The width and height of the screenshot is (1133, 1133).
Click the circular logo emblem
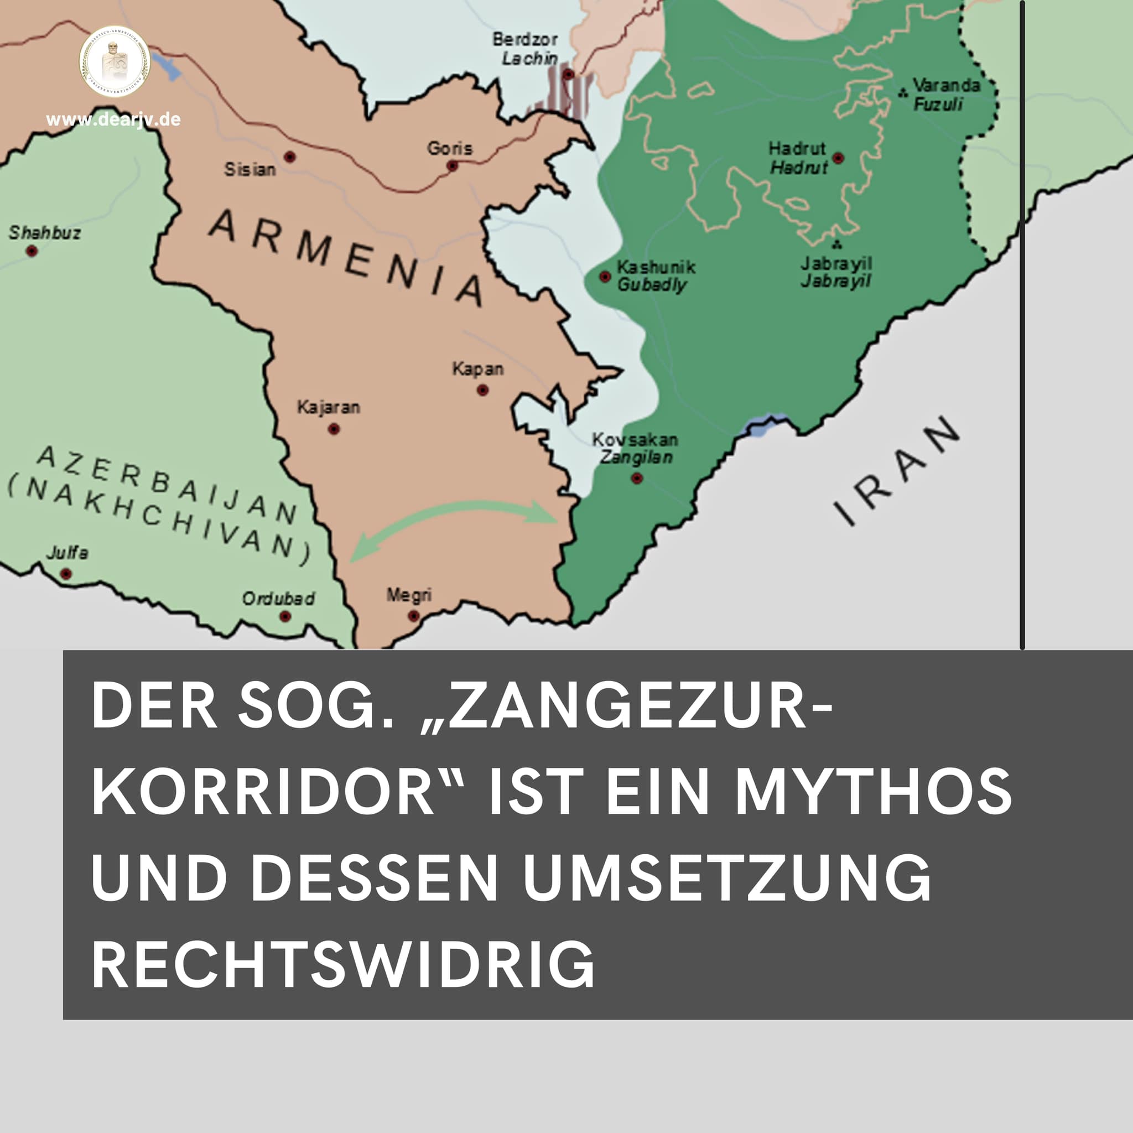point(115,61)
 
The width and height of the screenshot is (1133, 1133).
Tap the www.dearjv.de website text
point(113,120)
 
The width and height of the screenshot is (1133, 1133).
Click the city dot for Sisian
point(290,157)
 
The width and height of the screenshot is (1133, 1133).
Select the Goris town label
point(449,148)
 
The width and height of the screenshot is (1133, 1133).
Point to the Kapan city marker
point(482,390)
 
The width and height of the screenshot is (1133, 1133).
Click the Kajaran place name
point(329,407)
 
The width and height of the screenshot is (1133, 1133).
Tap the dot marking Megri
point(413,616)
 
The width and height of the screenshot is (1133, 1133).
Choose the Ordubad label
point(279,598)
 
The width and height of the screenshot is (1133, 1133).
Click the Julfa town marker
point(66,574)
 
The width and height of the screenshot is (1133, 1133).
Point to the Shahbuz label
point(45,233)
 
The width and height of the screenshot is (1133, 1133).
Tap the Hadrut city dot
point(839,158)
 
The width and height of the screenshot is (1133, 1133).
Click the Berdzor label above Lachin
point(525,39)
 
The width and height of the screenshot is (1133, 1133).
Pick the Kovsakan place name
point(635,439)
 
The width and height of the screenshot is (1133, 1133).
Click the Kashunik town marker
point(605,276)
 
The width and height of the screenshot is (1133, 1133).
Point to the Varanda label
point(946,86)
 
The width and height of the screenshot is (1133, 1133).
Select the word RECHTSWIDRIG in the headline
point(343,966)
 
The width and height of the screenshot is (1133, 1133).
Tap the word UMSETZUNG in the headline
point(726,878)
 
